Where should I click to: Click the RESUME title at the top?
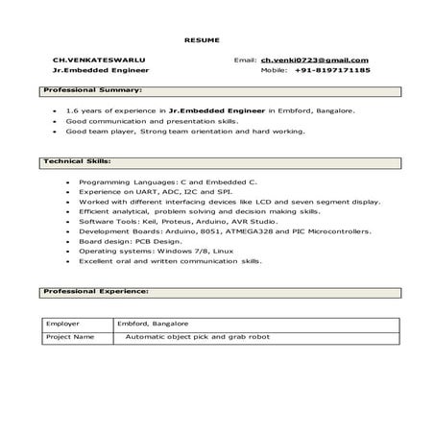tap(202, 39)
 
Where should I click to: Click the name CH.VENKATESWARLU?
tap(94, 60)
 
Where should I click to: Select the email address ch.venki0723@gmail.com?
tap(314, 60)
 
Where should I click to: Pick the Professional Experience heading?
tap(96, 289)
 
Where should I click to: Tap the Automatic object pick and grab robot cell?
tap(198, 337)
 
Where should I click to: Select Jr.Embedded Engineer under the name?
tap(93, 71)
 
